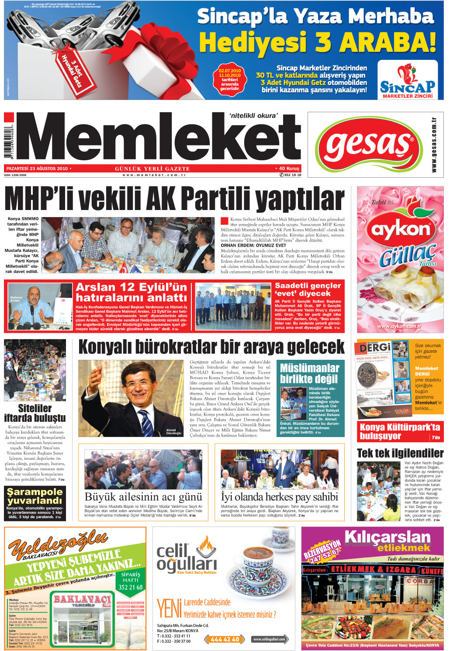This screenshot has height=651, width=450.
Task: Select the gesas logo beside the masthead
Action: point(369,145)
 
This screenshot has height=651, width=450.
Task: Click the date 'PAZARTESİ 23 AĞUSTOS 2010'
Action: point(37,168)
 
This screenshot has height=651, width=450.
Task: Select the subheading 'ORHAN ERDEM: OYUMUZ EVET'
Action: point(247,245)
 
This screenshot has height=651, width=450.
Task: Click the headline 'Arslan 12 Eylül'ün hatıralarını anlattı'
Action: point(131,292)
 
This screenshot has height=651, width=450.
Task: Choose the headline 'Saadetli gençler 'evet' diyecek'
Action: point(308,289)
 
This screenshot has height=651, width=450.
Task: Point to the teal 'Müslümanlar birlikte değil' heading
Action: point(309,373)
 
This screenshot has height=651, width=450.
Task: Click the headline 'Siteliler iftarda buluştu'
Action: point(35,413)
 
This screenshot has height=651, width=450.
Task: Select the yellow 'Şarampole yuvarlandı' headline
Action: point(35,496)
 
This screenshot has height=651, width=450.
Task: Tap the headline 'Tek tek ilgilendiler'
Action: point(400,453)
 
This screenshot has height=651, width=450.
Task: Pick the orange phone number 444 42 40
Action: point(225,639)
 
